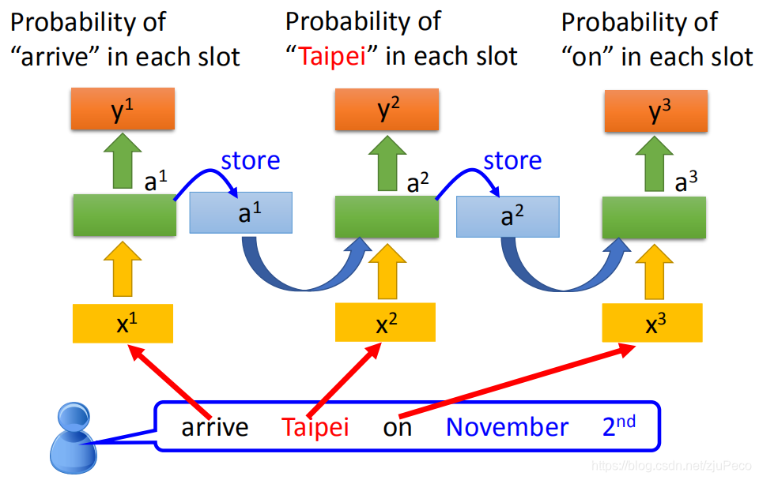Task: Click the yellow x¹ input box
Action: click(123, 323)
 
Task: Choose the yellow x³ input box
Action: click(652, 324)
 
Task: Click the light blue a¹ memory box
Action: click(241, 213)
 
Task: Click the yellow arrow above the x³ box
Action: click(652, 271)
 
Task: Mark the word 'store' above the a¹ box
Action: click(250, 161)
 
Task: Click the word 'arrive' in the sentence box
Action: click(215, 428)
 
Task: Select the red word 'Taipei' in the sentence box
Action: click(315, 428)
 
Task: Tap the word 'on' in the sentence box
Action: click(398, 428)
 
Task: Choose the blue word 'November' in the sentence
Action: click(507, 428)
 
